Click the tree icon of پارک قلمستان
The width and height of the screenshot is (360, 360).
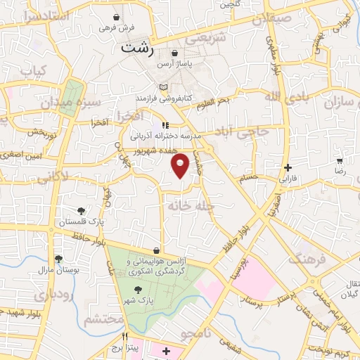pos(82,210)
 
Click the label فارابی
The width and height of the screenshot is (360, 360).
pos(289,179)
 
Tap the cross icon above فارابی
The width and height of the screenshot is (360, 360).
pos(288,167)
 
